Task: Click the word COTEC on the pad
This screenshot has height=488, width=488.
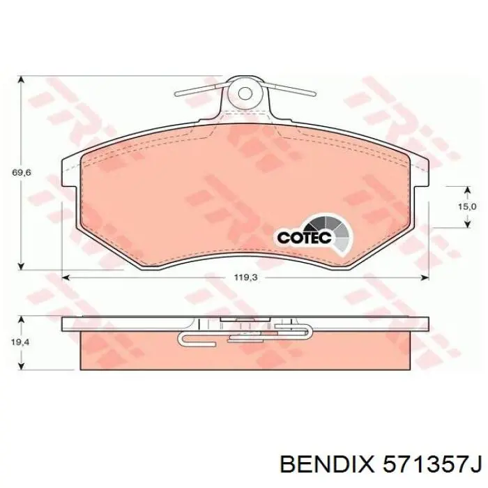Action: pyautogui.click(x=301, y=237)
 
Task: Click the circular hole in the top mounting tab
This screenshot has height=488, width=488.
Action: pyautogui.click(x=244, y=91)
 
